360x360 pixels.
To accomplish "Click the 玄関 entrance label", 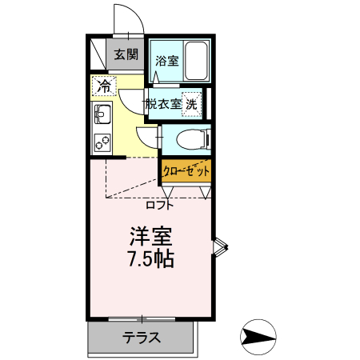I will click(x=126, y=55).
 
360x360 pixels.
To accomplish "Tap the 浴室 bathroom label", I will click(x=166, y=61).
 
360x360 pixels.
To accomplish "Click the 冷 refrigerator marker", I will click(x=105, y=84).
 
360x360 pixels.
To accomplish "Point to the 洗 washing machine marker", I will click(x=191, y=102).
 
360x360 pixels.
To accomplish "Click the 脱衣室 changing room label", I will click(x=164, y=103).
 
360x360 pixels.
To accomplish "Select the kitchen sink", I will click(x=102, y=114).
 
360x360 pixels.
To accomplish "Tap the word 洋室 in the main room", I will click(x=151, y=238).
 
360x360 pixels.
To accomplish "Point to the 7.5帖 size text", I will click(x=151, y=259).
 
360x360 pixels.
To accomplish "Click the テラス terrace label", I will click(x=142, y=337).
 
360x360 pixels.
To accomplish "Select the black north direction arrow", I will click(x=258, y=337).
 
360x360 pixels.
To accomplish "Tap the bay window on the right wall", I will click(x=221, y=249).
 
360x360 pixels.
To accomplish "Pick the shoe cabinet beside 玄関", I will click(x=98, y=55).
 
